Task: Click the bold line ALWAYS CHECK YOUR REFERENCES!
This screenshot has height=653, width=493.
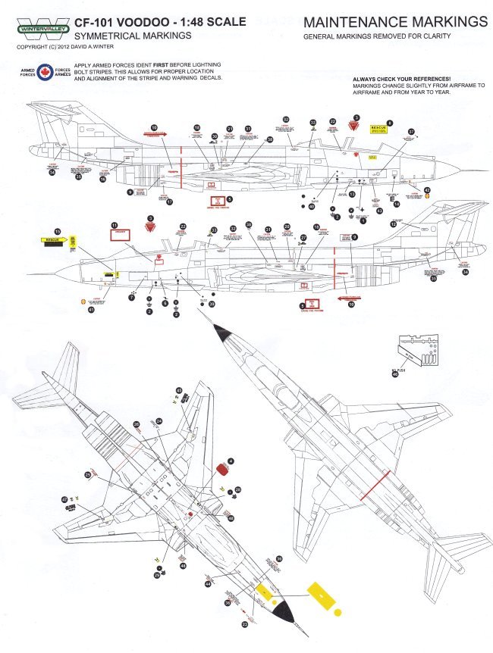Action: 403,80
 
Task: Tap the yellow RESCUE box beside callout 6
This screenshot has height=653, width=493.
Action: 378,129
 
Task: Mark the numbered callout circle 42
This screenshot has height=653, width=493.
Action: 427,189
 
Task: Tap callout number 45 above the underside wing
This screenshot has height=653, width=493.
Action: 179,392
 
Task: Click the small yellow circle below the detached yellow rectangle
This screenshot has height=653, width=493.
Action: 338,612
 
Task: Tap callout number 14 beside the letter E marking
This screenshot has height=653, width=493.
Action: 395,204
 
